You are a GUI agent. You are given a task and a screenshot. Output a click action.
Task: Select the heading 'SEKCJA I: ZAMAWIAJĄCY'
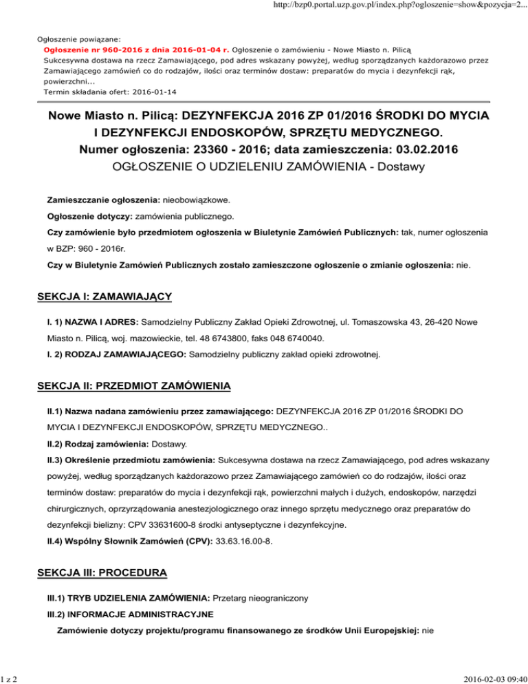104,297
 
